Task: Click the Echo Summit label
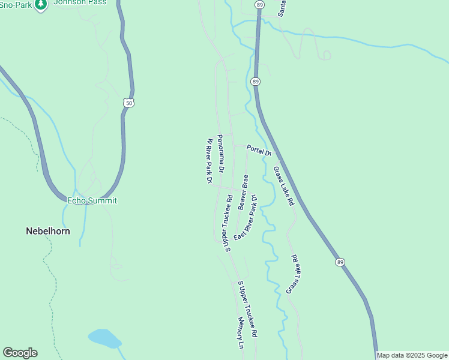(92, 200)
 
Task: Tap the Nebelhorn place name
(48, 230)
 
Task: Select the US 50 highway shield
(129, 103)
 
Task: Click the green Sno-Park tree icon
(41, 5)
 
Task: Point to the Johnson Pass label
(80, 2)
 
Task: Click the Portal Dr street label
(259, 151)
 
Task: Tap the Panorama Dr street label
(220, 154)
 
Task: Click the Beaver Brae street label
(243, 192)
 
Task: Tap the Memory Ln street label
(241, 334)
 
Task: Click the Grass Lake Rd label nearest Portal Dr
(284, 186)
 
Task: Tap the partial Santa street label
(283, 7)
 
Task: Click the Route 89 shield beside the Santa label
(259, 4)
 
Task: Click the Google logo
(20, 353)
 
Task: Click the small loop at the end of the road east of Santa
(327, 55)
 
